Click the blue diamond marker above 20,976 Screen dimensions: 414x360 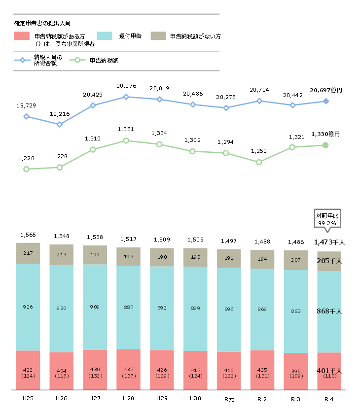[126, 97]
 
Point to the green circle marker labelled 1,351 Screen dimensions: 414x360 [126, 140]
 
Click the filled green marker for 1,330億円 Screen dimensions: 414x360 [325, 145]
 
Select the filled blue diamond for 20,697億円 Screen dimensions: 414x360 [325, 102]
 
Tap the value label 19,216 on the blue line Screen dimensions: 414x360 [60, 114]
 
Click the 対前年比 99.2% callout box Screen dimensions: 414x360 [325, 219]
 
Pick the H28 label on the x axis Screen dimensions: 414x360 [126, 398]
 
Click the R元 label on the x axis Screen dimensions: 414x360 [228, 398]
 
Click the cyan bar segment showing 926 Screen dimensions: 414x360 [28, 307]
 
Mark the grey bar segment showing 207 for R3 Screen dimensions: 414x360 [295, 260]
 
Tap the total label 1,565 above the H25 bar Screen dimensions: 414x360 [28, 235]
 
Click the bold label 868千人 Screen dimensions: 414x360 [329, 311]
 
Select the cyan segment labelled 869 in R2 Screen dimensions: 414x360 [262, 309]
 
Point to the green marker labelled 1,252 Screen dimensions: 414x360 [259, 162]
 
